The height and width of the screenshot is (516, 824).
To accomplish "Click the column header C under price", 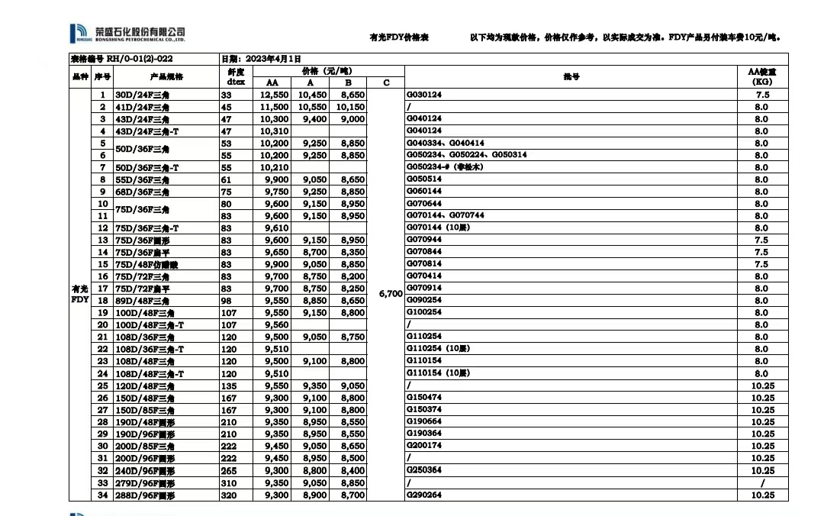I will click(386, 82).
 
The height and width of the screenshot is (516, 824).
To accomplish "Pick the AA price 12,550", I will click(275, 95).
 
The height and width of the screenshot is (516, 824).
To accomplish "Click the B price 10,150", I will click(349, 107).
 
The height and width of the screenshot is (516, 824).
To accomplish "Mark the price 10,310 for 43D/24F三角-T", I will click(275, 131).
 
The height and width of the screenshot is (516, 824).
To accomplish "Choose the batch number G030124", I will click(424, 95).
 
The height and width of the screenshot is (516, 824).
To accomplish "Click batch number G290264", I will click(424, 495).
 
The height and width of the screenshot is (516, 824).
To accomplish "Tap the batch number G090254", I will click(424, 300).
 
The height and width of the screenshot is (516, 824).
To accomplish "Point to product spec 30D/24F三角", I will click(142, 95).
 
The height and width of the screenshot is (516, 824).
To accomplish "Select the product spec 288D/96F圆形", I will click(145, 495).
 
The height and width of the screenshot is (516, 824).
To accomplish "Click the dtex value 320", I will click(228, 495).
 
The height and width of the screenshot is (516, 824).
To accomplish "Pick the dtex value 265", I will click(228, 471).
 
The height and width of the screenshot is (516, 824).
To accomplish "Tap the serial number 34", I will click(102, 495).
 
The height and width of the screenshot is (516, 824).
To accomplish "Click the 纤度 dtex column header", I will click(235, 76).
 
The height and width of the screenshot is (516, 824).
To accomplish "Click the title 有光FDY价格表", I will click(398, 37).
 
